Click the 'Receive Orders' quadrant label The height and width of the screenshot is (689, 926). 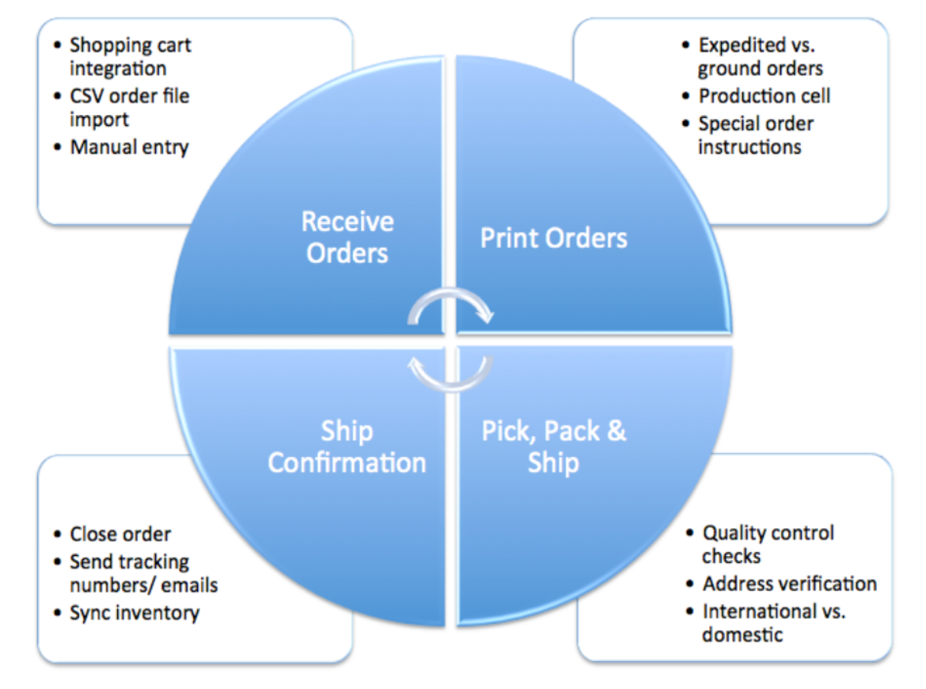(347, 237)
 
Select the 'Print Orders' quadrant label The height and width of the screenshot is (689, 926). (554, 238)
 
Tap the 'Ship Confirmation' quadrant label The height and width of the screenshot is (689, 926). (347, 447)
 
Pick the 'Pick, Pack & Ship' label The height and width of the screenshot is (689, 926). (554, 447)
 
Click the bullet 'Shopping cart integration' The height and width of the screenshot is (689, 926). (130, 56)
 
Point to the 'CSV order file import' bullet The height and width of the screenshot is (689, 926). (129, 108)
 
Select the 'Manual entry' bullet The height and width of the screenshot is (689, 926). (129, 147)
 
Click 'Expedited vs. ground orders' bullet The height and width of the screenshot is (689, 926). (760, 56)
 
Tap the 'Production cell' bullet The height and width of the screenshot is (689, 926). (764, 96)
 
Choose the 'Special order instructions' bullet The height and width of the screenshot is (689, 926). (755, 135)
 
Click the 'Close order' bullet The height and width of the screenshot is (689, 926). (120, 535)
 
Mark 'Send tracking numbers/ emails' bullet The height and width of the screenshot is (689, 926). (142, 573)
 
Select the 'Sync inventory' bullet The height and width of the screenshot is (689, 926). (135, 612)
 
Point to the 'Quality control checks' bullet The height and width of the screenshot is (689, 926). (768, 545)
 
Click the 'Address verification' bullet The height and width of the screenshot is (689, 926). (789, 584)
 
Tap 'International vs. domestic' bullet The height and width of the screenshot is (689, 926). (773, 622)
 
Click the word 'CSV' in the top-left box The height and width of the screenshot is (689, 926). (88, 97)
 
